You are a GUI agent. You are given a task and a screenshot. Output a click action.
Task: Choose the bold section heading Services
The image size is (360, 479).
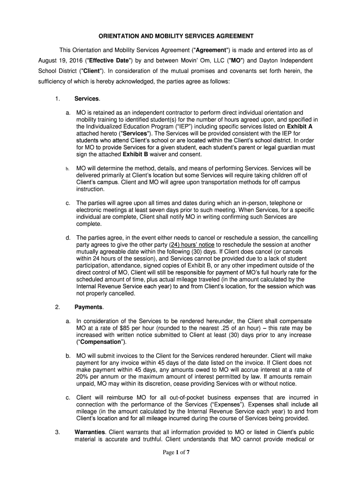coord(87,99)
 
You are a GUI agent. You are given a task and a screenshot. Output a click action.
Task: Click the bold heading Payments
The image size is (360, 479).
coord(88,307)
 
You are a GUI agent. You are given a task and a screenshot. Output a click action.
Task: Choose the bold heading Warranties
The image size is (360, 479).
coord(90,432)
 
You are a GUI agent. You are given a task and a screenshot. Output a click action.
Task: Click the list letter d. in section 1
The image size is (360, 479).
coord(68,238)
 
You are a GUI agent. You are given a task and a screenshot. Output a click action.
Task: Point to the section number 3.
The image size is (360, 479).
coord(57,432)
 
